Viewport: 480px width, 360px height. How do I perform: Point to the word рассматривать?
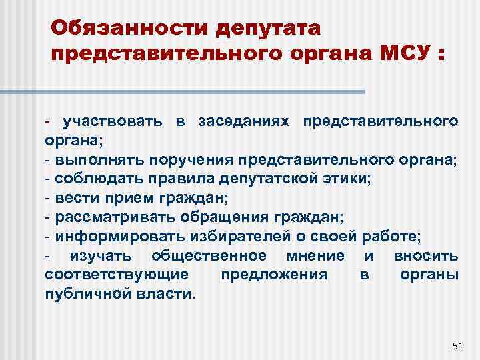pyautogui.click(x=117, y=217)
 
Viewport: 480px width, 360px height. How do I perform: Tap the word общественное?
pyautogui.click(x=209, y=256)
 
